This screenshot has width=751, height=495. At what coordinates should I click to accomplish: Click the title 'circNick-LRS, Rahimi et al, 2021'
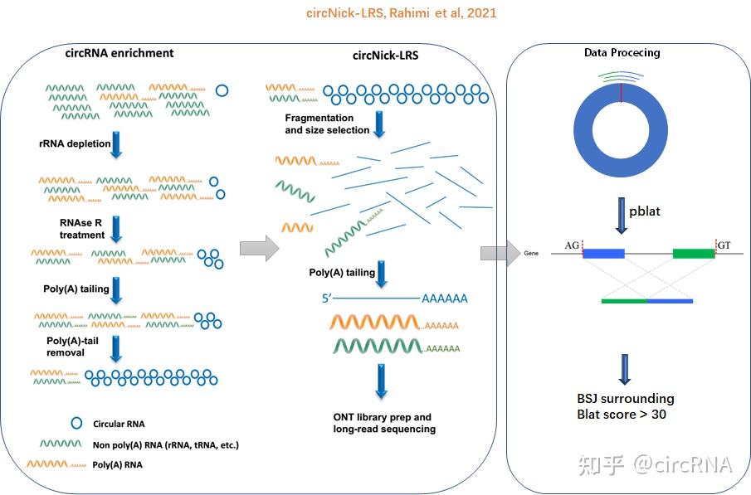[402, 13]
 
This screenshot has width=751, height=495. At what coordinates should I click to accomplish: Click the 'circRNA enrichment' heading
[119, 53]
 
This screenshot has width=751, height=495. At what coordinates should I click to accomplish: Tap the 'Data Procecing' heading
[622, 53]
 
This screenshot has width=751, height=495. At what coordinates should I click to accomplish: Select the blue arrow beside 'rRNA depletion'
[116, 144]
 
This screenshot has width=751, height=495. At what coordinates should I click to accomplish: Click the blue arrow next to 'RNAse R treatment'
[116, 229]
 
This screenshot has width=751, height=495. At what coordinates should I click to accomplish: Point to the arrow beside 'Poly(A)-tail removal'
[116, 349]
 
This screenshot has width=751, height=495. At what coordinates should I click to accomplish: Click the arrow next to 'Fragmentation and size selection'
[379, 124]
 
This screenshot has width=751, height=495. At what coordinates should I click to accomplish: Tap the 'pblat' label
[645, 211]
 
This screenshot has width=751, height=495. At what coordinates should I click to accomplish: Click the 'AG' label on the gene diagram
[572, 245]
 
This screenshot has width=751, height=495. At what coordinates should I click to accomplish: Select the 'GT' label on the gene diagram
[724, 245]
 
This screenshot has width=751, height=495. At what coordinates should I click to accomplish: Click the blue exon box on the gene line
[604, 253]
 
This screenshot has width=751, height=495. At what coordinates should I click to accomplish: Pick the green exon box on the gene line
[694, 253]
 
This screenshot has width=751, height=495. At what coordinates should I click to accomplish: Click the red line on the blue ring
[622, 93]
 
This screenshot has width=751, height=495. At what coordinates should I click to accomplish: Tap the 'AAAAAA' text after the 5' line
[445, 298]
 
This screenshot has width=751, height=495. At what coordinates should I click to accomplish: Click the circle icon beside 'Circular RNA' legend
[76, 423]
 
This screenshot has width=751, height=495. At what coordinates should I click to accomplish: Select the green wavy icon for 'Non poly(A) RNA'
[61, 444]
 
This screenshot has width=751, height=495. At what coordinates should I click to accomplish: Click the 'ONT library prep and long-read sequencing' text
[384, 423]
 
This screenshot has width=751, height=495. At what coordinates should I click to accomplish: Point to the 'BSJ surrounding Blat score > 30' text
[626, 406]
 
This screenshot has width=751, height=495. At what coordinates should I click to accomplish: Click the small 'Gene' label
[531, 253]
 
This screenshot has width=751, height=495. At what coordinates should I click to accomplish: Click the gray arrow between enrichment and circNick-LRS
[260, 249]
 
